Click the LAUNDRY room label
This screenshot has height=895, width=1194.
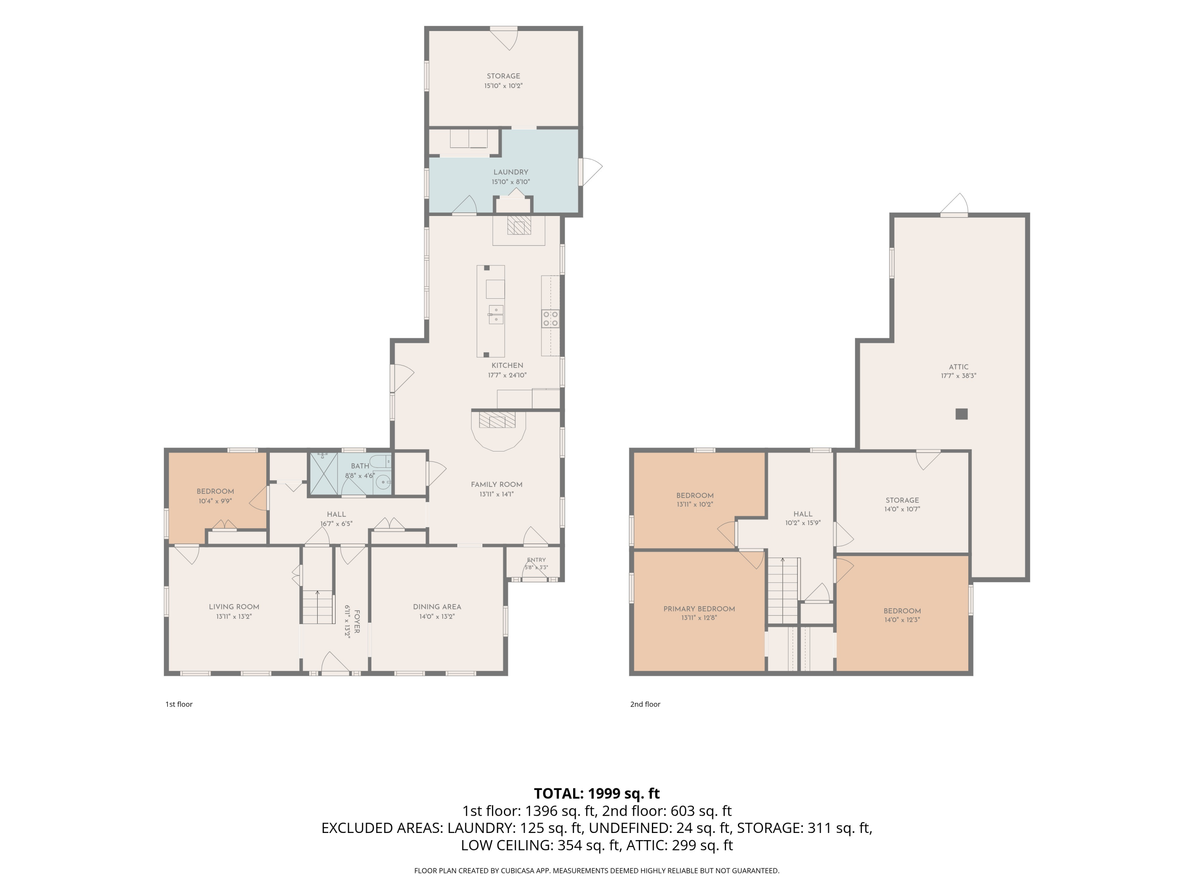(511, 172)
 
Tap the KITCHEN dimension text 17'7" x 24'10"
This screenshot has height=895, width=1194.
(507, 375)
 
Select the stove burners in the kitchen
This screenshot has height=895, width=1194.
(550, 318)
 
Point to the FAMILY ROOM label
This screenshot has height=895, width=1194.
(497, 484)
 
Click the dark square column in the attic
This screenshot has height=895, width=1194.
(961, 414)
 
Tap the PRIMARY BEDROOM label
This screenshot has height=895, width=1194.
(699, 609)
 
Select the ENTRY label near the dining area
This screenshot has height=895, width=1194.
(537, 560)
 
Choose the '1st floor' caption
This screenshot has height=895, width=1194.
(179, 704)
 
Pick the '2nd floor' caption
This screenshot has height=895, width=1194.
(645, 704)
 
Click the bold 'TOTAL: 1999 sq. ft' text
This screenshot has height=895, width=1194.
(597, 793)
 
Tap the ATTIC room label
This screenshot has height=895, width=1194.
(959, 367)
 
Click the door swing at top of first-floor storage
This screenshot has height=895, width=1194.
(504, 39)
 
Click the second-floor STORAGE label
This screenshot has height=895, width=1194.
(902, 500)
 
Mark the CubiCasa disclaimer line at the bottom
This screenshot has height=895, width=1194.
(597, 870)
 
